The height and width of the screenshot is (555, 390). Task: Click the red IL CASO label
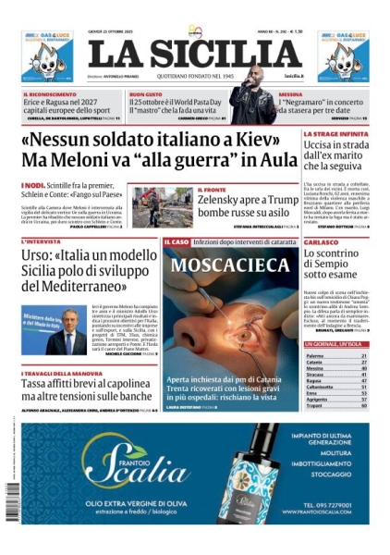click(x=176, y=241)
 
